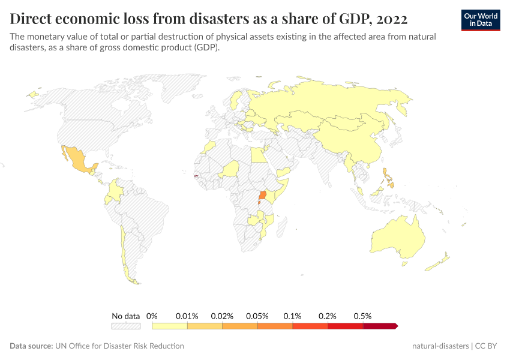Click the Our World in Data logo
(x=480, y=20)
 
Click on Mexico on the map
(x=76, y=158)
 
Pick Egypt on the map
(x=257, y=156)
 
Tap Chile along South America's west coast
(x=123, y=252)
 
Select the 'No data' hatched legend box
(x=125, y=326)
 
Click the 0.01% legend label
(x=187, y=316)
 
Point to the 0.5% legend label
(x=363, y=316)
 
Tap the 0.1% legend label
(x=293, y=316)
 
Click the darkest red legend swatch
(x=380, y=326)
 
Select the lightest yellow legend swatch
(x=170, y=326)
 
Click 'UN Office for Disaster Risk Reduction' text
(x=119, y=346)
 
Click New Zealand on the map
(x=443, y=261)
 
